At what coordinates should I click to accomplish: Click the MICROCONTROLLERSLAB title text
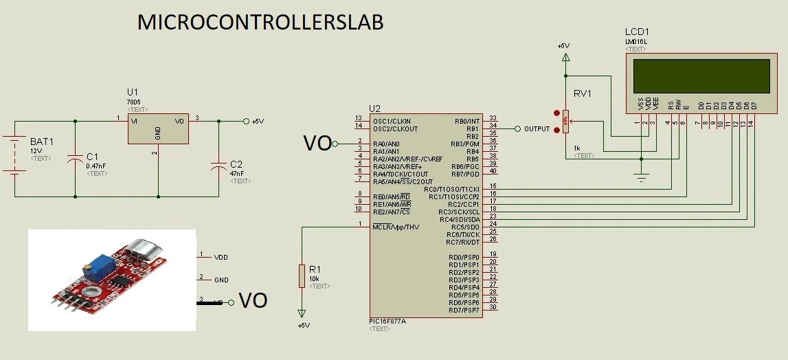coord(260,22)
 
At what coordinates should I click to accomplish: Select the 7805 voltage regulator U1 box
coord(158,128)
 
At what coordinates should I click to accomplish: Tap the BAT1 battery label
coord(41,142)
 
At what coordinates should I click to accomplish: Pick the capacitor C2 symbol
coord(218,166)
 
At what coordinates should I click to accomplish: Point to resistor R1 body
coord(301,275)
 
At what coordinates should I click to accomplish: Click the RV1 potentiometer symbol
coord(565,122)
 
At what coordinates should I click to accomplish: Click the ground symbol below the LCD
coord(641,178)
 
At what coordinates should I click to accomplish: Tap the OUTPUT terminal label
coord(537,129)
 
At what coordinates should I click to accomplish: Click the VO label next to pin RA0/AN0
coord(317,143)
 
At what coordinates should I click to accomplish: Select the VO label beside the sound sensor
coord(252,301)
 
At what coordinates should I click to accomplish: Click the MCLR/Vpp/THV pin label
coord(396,227)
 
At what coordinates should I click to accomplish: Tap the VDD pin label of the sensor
coord(221,258)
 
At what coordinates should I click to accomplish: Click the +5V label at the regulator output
coord(257,122)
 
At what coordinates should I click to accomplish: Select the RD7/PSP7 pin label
coord(464,311)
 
